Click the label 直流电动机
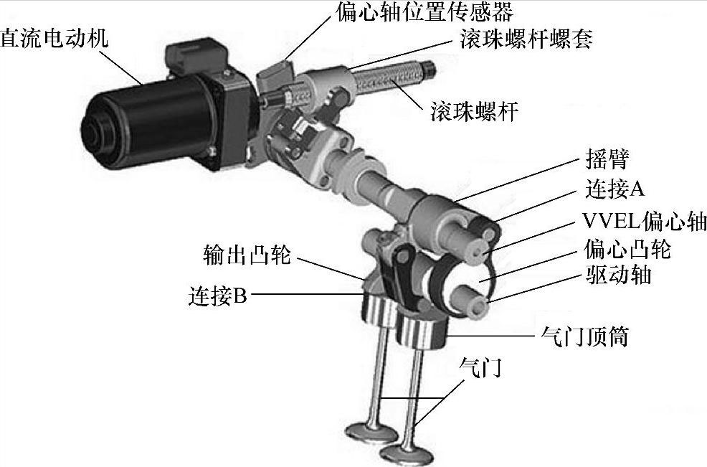coord(54,37)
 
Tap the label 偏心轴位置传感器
coord(424,12)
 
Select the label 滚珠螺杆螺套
coord(526,39)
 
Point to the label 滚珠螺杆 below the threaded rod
coord(475,111)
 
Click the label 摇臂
coord(607,159)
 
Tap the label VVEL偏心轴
coord(645,220)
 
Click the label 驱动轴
coord(618,274)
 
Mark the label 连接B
coord(218,296)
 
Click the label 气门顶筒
coord(584,336)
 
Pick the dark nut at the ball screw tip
coord(429,69)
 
